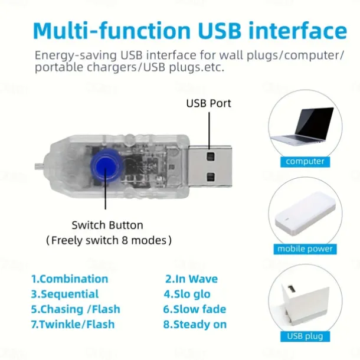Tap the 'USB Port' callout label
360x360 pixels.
pyautogui.click(x=208, y=103)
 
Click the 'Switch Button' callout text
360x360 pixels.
pyautogui.click(x=107, y=225)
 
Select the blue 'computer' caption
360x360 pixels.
pyautogui.click(x=305, y=161)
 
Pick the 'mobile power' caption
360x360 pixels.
pyautogui.click(x=305, y=249)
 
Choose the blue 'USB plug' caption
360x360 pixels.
pyautogui.click(x=305, y=336)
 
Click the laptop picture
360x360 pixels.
pyautogui.click(x=303, y=126)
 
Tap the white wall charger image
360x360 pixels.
pyautogui.click(x=303, y=304)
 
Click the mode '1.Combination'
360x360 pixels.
pyautogui.click(x=70, y=279)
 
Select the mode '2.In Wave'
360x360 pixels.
pyautogui.click(x=191, y=279)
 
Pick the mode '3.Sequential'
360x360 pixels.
pyautogui.click(x=65, y=294)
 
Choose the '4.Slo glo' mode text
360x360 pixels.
pyautogui.click(x=187, y=294)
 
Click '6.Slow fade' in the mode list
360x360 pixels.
pyautogui.click(x=195, y=309)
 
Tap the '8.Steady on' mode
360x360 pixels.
pyautogui.click(x=195, y=325)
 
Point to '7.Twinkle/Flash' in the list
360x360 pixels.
pyautogui.click(x=73, y=325)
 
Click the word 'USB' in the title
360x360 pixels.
pyautogui.click(x=220, y=31)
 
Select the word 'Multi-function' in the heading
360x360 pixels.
pyautogui.click(x=112, y=31)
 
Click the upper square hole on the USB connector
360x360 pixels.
pyautogui.click(x=210, y=156)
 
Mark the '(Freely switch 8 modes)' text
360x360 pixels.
pyautogui.click(x=109, y=240)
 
